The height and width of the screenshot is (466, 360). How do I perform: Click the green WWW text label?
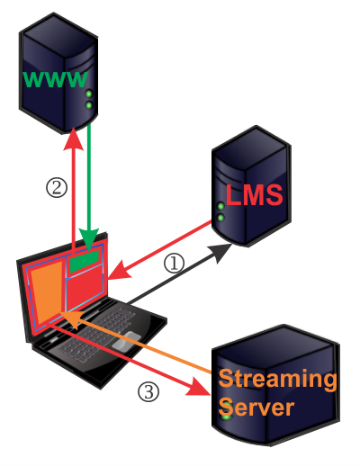pos(56,79)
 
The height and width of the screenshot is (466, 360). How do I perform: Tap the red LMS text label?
pos(255,195)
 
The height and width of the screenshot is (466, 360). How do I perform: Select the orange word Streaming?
pos(277,380)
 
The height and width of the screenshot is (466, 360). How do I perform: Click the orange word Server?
pos(256,407)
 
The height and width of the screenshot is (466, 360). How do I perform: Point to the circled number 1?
pos(174,264)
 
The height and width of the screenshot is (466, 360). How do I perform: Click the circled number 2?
pos(57,187)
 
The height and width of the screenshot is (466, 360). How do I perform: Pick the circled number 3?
pos(148,391)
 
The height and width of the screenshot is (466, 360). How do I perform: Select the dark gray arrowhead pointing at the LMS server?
pos(220,251)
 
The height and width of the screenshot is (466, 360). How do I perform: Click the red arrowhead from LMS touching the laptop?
pos(120,271)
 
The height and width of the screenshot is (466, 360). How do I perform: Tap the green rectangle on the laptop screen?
pos(85,262)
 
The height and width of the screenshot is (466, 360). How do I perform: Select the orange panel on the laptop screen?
pos(47,293)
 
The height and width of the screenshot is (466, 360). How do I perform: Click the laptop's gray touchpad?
pos(126,341)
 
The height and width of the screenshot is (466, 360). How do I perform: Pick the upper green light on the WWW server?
pos(88,94)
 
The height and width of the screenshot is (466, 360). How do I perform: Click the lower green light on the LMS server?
pos(220,218)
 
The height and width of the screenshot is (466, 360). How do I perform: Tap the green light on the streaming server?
pos(227,416)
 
